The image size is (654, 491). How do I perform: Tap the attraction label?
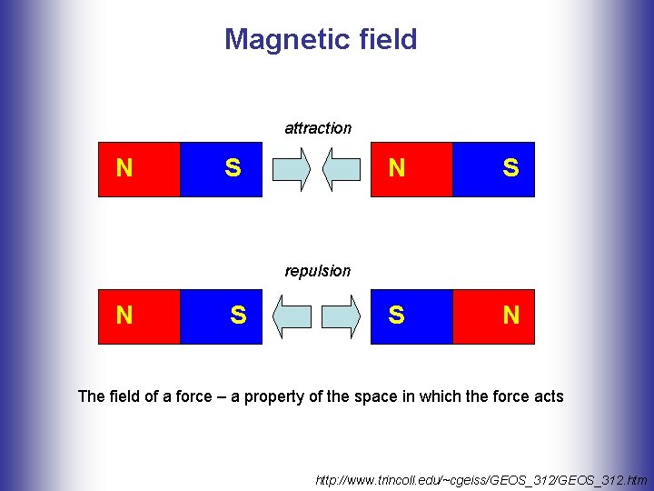(318, 128)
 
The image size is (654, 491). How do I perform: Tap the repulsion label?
(317, 271)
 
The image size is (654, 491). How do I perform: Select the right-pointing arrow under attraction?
(292, 170)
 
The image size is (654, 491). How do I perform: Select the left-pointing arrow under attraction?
(342, 170)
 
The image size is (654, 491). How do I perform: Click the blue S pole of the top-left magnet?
(221, 169)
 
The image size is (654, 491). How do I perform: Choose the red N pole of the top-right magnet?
(411, 169)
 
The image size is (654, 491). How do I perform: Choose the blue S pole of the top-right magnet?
(493, 169)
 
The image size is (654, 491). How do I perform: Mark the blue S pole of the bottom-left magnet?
(221, 316)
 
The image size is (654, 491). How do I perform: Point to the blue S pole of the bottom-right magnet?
(411, 316)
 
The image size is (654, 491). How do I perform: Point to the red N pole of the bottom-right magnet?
(493, 316)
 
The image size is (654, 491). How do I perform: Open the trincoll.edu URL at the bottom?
(481, 478)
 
